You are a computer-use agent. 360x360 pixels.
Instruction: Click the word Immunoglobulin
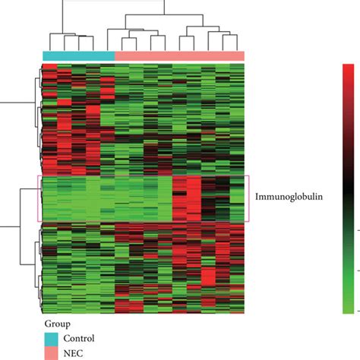pos(289,195)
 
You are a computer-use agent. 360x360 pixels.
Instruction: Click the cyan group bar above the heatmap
pos(77,55)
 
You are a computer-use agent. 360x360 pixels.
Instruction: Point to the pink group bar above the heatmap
pos(179,55)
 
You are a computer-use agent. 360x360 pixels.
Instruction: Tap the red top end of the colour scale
pos(349,70)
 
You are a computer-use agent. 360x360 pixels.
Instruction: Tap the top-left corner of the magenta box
pos(38,176)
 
